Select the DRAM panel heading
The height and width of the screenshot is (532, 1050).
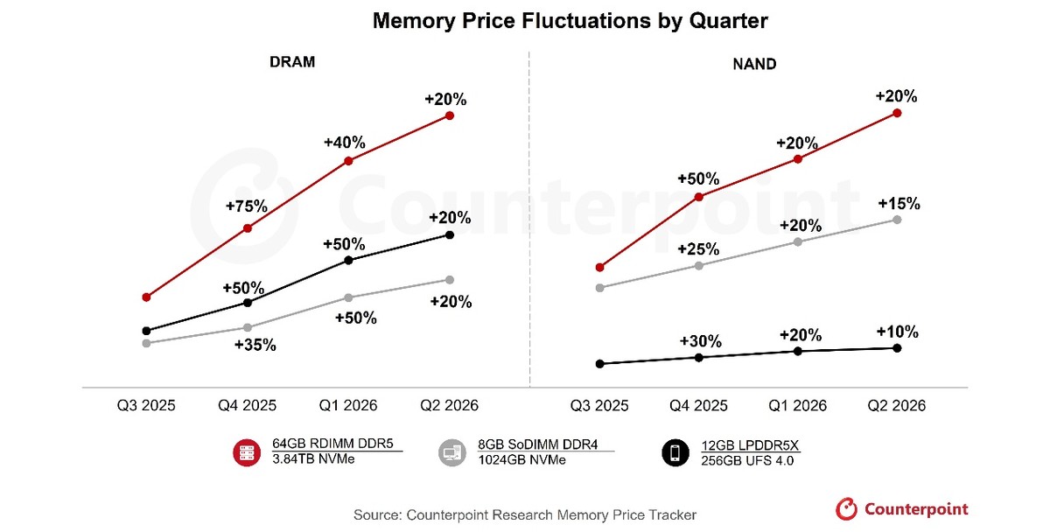291,62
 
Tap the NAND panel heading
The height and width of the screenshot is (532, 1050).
753,63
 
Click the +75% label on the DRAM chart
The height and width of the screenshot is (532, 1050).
247,206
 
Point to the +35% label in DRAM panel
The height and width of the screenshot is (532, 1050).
255,345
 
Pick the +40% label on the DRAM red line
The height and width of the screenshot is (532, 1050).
345,142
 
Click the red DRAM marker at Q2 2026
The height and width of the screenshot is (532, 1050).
450,115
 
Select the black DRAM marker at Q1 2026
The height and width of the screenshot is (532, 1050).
348,260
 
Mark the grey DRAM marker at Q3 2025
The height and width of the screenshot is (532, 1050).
146,343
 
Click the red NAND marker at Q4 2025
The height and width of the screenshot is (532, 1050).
698,196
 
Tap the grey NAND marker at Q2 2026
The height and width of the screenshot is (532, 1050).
897,219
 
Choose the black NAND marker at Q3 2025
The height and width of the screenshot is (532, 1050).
599,363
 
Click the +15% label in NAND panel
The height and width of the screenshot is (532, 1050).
899,203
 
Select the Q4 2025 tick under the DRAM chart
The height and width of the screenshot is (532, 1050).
247,406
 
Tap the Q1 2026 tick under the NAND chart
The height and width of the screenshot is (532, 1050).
798,406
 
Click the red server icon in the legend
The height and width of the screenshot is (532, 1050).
247,451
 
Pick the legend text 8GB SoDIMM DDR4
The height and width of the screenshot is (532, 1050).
535,444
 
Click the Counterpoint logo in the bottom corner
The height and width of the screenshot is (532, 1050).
902,509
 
